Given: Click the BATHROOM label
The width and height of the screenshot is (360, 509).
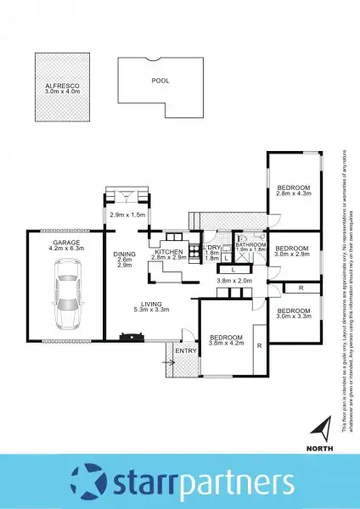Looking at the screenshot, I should coord(250,244).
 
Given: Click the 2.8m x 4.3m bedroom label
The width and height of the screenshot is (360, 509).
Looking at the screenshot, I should coord(294,190).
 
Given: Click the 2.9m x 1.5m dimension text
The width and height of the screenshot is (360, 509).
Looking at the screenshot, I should coord(128,215).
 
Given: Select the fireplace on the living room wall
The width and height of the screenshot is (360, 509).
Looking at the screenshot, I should coord(132,338).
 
